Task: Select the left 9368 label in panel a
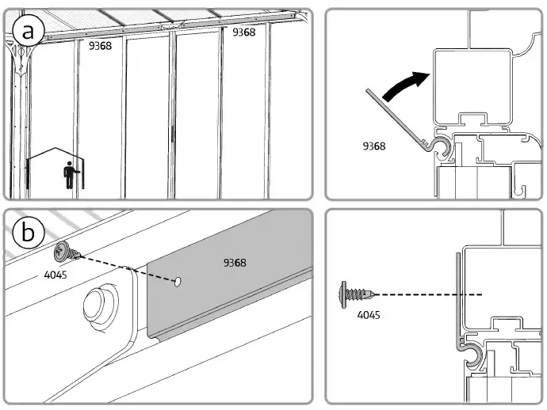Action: pyautogui.click(x=100, y=46)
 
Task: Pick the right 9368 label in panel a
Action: pyautogui.click(x=243, y=32)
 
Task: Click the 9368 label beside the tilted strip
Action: pyautogui.click(x=374, y=146)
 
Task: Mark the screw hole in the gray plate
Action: pyautogui.click(x=180, y=280)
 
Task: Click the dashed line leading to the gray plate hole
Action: pyautogui.click(x=127, y=268)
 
